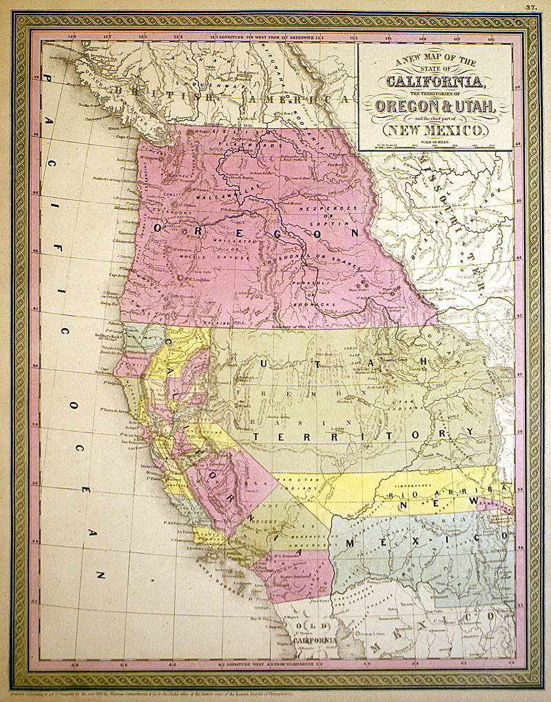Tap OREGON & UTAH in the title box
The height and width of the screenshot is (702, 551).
point(435,108)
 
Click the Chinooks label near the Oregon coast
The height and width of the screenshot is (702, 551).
point(165,215)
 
